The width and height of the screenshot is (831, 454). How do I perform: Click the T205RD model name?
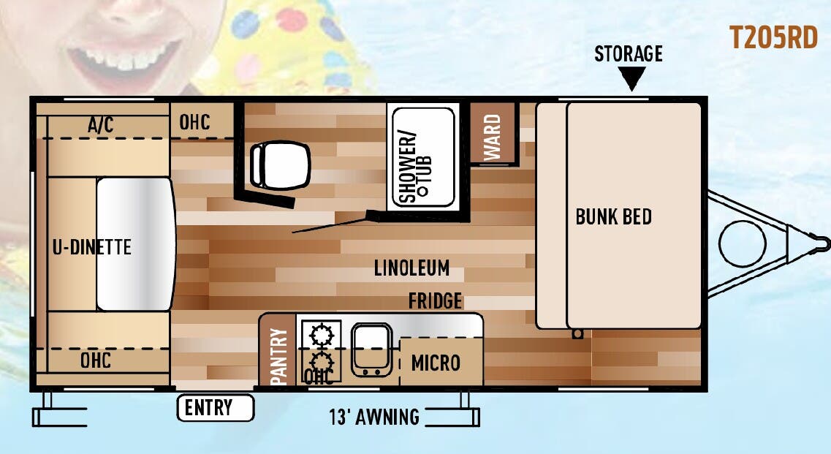click(x=773, y=38)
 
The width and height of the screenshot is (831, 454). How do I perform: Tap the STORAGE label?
click(x=628, y=53)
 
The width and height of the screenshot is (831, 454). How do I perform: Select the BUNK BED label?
click(x=614, y=216)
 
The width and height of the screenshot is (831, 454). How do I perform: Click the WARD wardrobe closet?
click(x=493, y=133)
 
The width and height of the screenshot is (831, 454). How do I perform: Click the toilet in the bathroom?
click(x=280, y=165)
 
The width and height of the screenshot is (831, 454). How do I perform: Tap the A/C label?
click(x=101, y=124)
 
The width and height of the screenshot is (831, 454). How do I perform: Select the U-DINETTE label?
click(x=91, y=246)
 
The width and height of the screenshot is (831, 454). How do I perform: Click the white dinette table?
click(x=136, y=244)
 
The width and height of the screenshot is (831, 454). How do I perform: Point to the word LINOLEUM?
click(x=411, y=268)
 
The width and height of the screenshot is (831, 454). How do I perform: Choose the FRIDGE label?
click(x=435, y=300)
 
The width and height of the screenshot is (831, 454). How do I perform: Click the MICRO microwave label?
click(x=436, y=363)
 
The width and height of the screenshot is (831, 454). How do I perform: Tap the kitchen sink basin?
click(x=371, y=349)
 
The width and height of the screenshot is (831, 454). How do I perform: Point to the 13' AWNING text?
click(x=374, y=417)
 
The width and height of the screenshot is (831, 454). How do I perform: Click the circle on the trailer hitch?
click(x=743, y=243)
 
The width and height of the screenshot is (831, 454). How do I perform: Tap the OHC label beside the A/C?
click(x=194, y=121)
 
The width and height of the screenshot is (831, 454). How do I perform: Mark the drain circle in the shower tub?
click(x=422, y=190)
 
